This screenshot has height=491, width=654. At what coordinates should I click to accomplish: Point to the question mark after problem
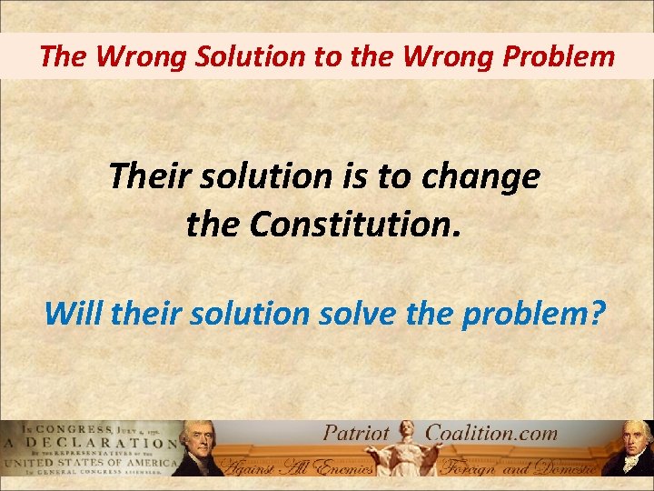(597, 313)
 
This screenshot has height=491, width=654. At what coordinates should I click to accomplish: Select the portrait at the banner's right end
(628, 449)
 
